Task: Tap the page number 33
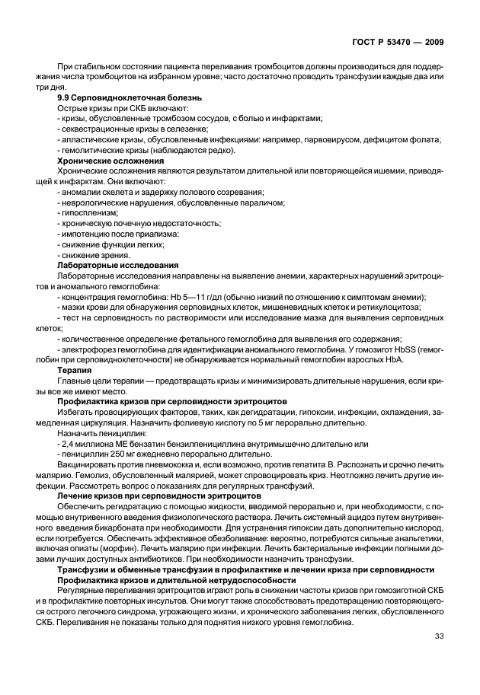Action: point(439,636)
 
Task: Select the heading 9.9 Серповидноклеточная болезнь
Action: point(130,97)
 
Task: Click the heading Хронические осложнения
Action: point(111,161)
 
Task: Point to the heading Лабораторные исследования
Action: point(118,265)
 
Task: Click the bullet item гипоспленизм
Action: point(88,213)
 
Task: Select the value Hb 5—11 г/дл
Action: point(190,297)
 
